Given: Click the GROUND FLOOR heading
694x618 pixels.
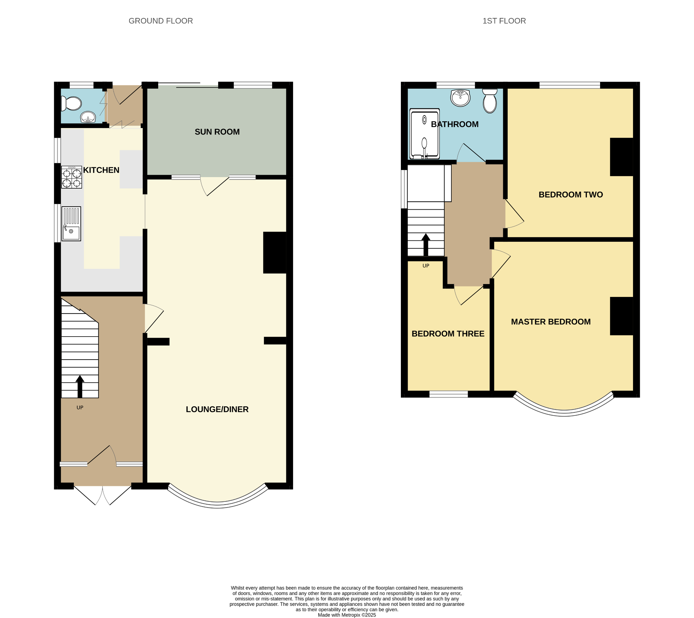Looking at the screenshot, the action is (x=160, y=21).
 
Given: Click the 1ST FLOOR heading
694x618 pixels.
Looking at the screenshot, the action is (x=504, y=21).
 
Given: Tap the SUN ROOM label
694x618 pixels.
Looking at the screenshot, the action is (x=217, y=132).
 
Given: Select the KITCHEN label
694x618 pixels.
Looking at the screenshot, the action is (x=101, y=170).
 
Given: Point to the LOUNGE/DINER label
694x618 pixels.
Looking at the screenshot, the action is (x=217, y=409).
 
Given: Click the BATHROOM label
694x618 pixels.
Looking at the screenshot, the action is (x=455, y=124).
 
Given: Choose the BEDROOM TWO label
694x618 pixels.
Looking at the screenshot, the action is (x=571, y=195).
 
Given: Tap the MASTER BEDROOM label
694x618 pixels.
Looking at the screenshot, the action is (x=551, y=322).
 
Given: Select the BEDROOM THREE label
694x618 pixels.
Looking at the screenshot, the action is (x=448, y=334).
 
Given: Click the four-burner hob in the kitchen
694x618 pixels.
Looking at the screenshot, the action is (x=72, y=177).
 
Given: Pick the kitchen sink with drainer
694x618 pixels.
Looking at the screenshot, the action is (x=71, y=224).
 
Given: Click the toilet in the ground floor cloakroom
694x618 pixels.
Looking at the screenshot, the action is (x=71, y=104).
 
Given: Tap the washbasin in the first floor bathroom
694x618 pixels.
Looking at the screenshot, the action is (x=460, y=98).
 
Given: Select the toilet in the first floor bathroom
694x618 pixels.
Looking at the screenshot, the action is (x=490, y=101).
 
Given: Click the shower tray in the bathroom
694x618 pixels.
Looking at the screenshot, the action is (x=425, y=134).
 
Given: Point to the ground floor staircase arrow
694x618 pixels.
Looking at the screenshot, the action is (x=80, y=386).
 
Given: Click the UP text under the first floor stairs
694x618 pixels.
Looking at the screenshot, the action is (x=426, y=266).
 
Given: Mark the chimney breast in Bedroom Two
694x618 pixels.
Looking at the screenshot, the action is (x=621, y=157).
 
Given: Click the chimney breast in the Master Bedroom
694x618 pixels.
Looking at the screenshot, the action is (x=621, y=316).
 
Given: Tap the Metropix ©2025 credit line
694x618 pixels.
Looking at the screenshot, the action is (x=347, y=615).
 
